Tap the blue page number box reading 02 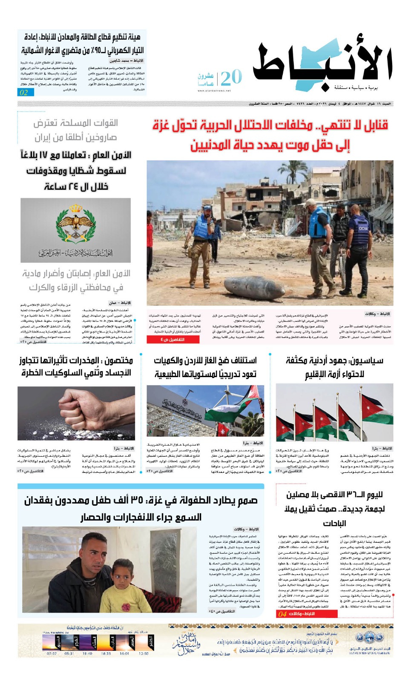24,92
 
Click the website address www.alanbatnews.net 214,91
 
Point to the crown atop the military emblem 76,208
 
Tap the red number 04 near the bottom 282,614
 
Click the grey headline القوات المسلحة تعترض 76,123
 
